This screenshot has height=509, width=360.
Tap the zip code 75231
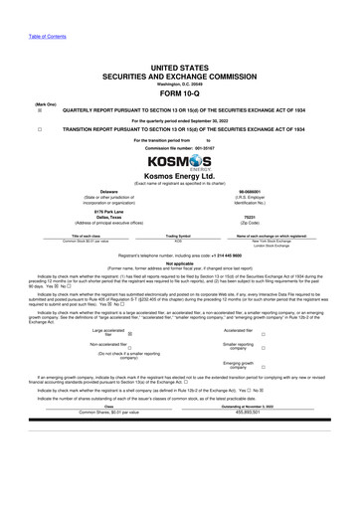coord(264,221)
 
